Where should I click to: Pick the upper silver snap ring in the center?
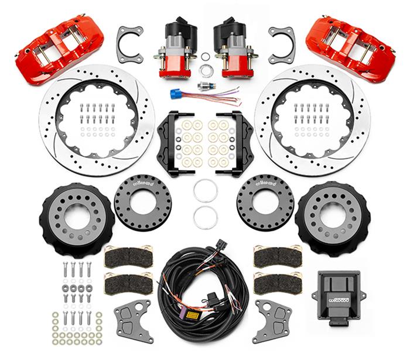pyautogui.click(x=206, y=190)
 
